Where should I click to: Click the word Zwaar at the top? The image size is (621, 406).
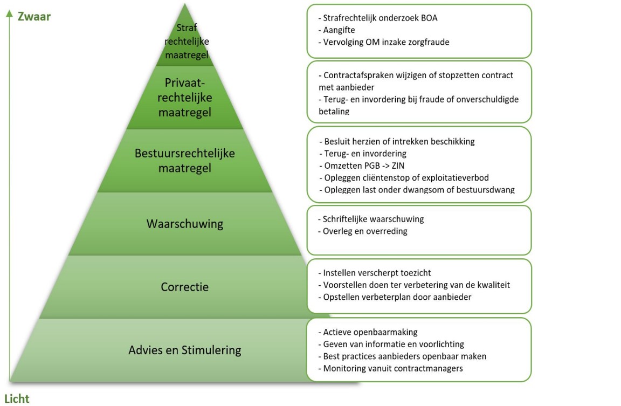34,17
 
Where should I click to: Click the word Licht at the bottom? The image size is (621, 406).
17,398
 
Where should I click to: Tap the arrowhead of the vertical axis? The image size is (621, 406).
9,13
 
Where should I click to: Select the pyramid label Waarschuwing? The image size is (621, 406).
185,224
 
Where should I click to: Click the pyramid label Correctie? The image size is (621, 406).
185,287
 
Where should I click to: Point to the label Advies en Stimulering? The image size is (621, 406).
185,350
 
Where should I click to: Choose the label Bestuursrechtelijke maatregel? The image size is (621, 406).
185,161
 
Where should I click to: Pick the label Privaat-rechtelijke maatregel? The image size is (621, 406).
185,98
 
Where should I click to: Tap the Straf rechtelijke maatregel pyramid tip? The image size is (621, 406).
186,42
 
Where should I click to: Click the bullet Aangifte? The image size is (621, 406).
339,30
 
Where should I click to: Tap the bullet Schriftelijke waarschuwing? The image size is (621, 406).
373,219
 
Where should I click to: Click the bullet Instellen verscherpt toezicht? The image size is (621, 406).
376,273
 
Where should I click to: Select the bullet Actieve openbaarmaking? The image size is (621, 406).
370,332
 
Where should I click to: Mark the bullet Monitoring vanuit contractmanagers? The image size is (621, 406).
392,369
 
